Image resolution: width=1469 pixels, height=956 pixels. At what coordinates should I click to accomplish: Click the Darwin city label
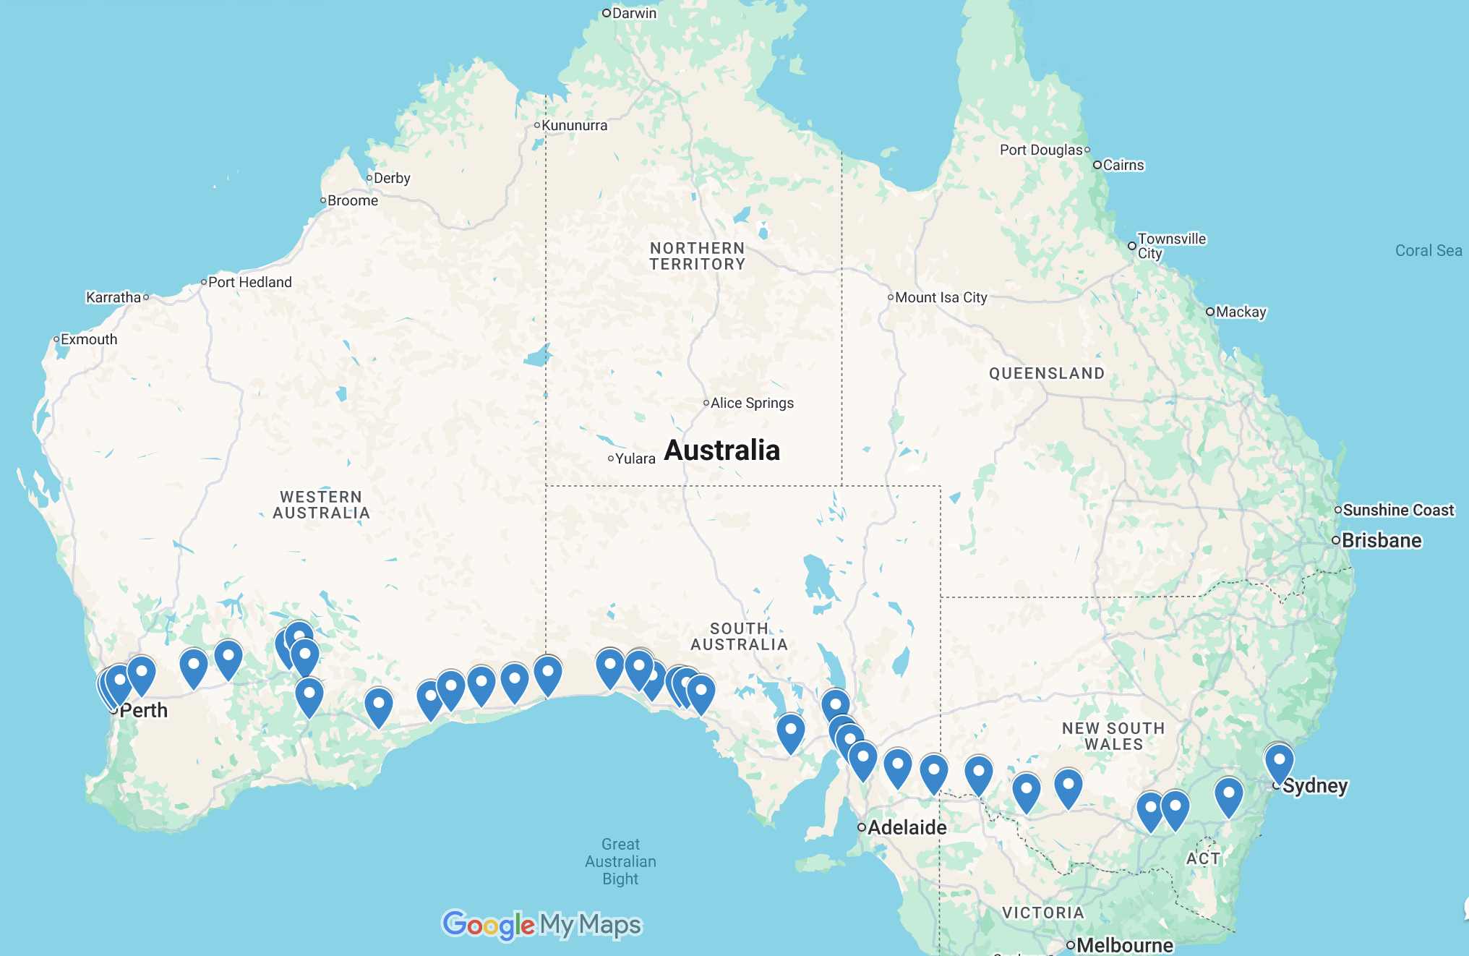coord(633,13)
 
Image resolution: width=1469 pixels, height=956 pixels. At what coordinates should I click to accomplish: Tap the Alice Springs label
coord(751,403)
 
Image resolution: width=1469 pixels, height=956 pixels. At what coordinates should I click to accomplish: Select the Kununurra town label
coord(574,125)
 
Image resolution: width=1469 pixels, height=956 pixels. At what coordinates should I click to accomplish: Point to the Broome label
coord(352,200)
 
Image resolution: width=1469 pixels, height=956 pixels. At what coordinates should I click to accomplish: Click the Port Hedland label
coord(249,282)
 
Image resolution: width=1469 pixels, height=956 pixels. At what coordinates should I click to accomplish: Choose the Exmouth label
coord(88,339)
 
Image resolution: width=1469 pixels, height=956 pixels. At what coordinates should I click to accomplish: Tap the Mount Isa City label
coord(941,297)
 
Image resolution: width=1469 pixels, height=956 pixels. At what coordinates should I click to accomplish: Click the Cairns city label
coord(1123,165)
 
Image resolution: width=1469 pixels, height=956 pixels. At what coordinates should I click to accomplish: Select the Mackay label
coord(1241,312)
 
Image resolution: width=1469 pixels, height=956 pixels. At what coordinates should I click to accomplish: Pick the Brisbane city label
coord(1381,540)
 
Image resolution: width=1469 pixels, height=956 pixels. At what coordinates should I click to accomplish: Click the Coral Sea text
coord(1428,250)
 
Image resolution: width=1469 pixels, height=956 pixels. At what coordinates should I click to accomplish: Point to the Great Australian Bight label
coord(620,861)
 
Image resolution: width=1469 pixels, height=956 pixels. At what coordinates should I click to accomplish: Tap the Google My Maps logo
coord(541,924)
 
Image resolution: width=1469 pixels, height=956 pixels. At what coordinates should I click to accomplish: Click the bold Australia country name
coord(721,450)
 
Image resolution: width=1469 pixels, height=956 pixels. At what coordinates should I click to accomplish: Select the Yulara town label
coord(635,458)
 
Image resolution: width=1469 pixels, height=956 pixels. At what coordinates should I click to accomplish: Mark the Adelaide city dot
coord(862,827)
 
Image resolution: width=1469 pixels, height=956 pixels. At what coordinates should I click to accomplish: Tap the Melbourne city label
coord(1124,945)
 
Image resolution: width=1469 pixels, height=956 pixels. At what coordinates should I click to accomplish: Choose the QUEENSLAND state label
coord(1046,373)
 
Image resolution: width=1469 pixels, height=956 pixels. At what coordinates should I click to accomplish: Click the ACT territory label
coord(1203,858)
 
